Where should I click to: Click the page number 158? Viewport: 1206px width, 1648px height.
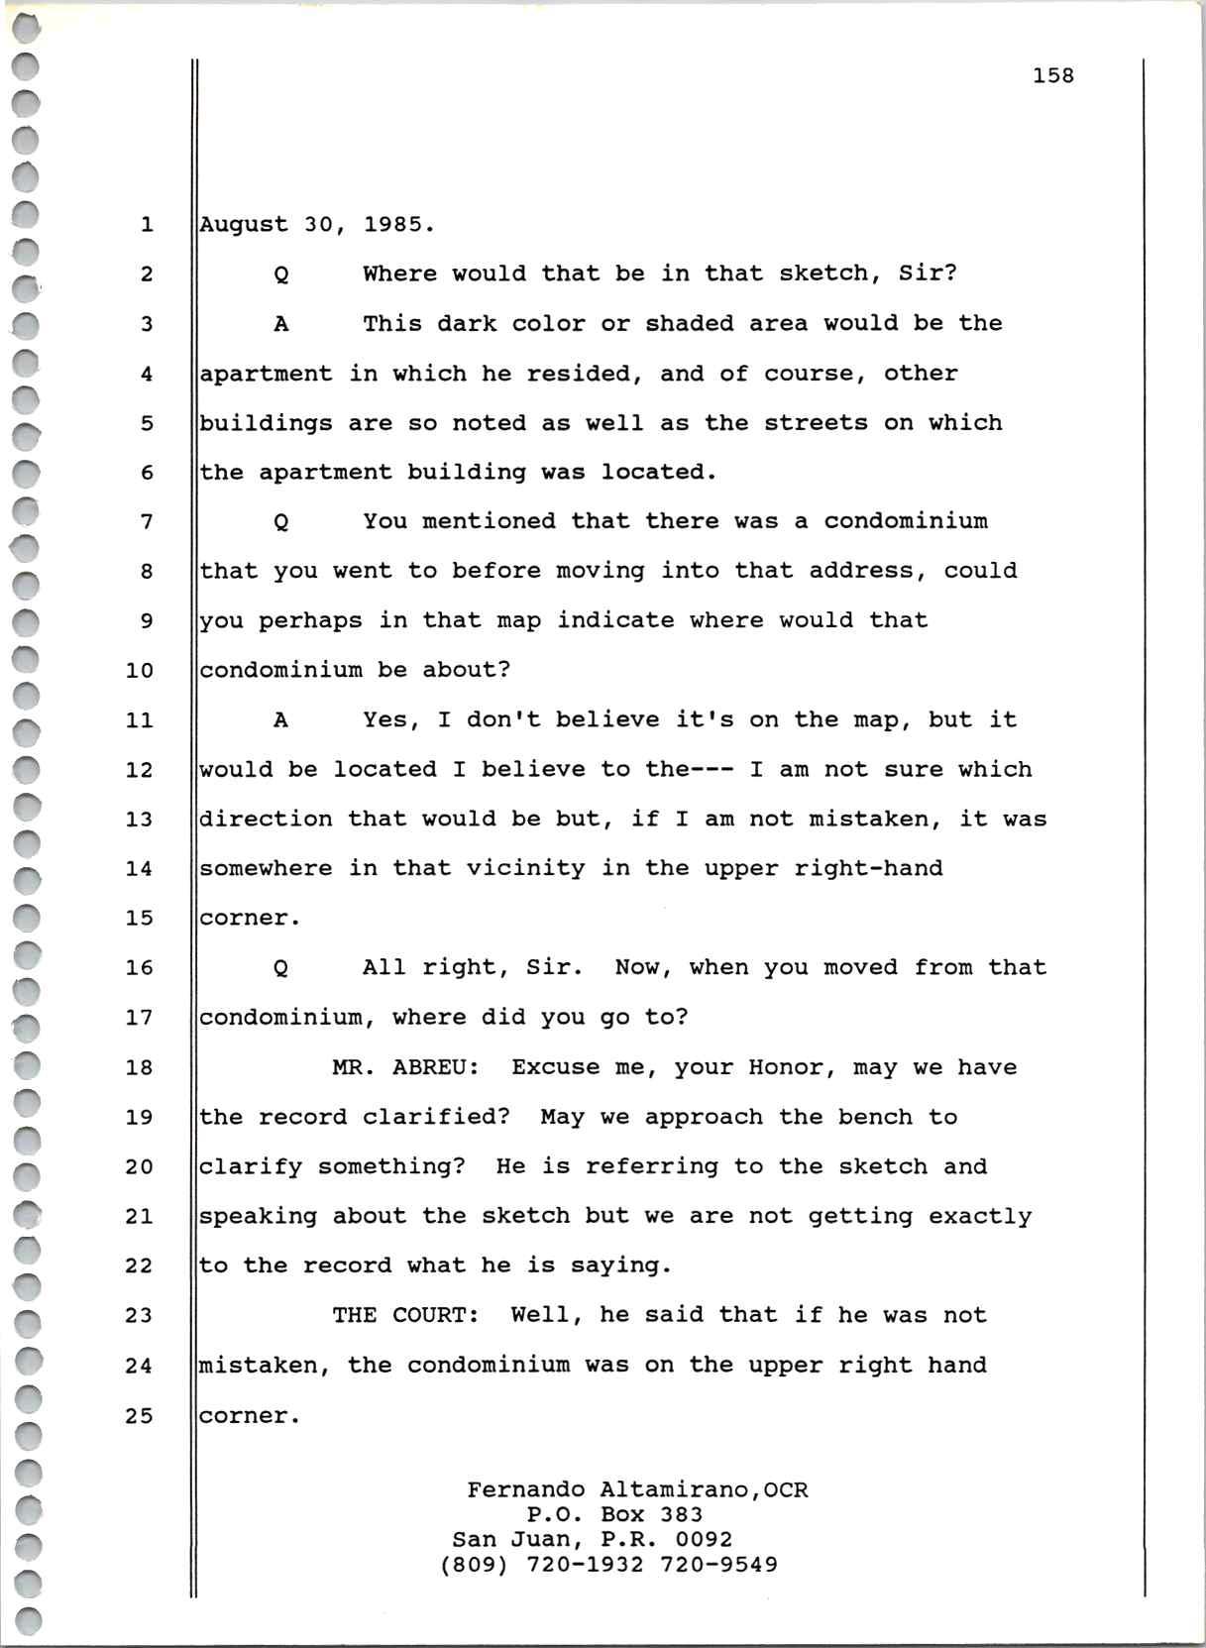coord(1052,75)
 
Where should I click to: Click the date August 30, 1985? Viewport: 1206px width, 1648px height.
coord(317,225)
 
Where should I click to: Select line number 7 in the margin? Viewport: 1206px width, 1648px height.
coord(147,522)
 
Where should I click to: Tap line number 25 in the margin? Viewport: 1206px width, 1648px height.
coord(140,1416)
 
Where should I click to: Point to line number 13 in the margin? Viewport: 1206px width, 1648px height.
coord(140,820)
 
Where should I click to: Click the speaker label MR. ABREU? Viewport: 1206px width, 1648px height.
coord(405,1068)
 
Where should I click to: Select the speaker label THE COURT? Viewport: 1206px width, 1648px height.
coord(405,1316)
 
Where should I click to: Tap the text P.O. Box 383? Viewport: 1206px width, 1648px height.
coord(614,1514)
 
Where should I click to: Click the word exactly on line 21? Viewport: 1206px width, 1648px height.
coord(979,1217)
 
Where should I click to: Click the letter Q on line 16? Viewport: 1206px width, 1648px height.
coord(281,969)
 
